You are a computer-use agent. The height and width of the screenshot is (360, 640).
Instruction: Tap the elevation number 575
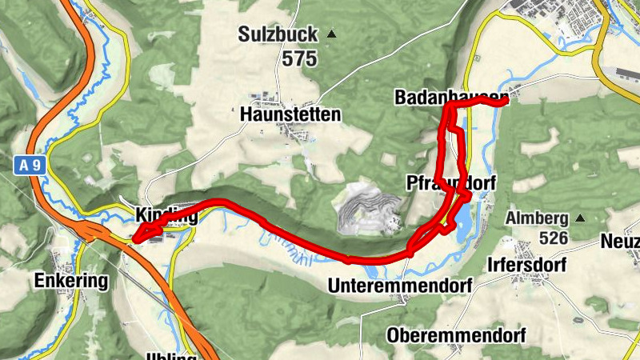(x=298, y=58)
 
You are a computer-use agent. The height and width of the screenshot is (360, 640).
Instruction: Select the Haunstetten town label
(x=290, y=115)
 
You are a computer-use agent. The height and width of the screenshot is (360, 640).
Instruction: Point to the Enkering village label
(x=70, y=281)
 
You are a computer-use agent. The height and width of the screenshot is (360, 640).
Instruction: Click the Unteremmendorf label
(x=401, y=286)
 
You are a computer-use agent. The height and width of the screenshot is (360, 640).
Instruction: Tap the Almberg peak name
(x=537, y=218)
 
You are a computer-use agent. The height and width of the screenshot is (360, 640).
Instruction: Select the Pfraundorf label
(x=451, y=182)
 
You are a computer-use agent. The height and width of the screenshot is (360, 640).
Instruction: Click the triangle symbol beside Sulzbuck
(x=330, y=34)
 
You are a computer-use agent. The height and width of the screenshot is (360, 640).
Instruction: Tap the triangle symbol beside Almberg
(x=580, y=218)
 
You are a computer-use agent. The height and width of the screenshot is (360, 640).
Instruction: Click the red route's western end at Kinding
(x=135, y=238)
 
